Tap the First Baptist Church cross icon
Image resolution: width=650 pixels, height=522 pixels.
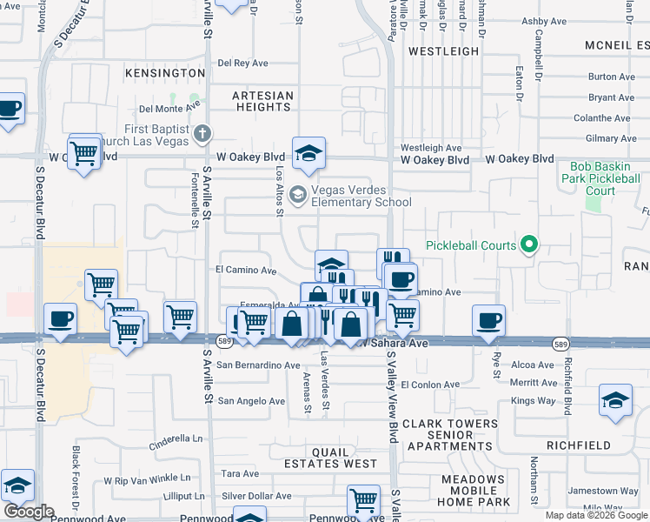pos(202,133)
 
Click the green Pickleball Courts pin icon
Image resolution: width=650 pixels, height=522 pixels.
pos(527,245)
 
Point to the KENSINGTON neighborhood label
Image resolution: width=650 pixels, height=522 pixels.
pos(164,73)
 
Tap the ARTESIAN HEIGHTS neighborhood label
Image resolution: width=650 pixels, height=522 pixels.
pos(262,101)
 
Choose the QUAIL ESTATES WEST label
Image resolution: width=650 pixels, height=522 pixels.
pos(331,458)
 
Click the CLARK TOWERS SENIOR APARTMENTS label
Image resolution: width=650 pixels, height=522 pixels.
pos(450,435)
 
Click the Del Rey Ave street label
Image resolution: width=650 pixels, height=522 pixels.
pos(243,63)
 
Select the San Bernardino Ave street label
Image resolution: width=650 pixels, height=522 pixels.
pos(258,365)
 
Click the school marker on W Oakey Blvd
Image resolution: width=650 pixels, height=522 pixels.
pos(308,154)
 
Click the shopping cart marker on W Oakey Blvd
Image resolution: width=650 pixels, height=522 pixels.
pos(84,153)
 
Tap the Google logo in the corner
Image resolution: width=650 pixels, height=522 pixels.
pos(28,511)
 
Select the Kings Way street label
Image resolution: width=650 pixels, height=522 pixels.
pos(533,400)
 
